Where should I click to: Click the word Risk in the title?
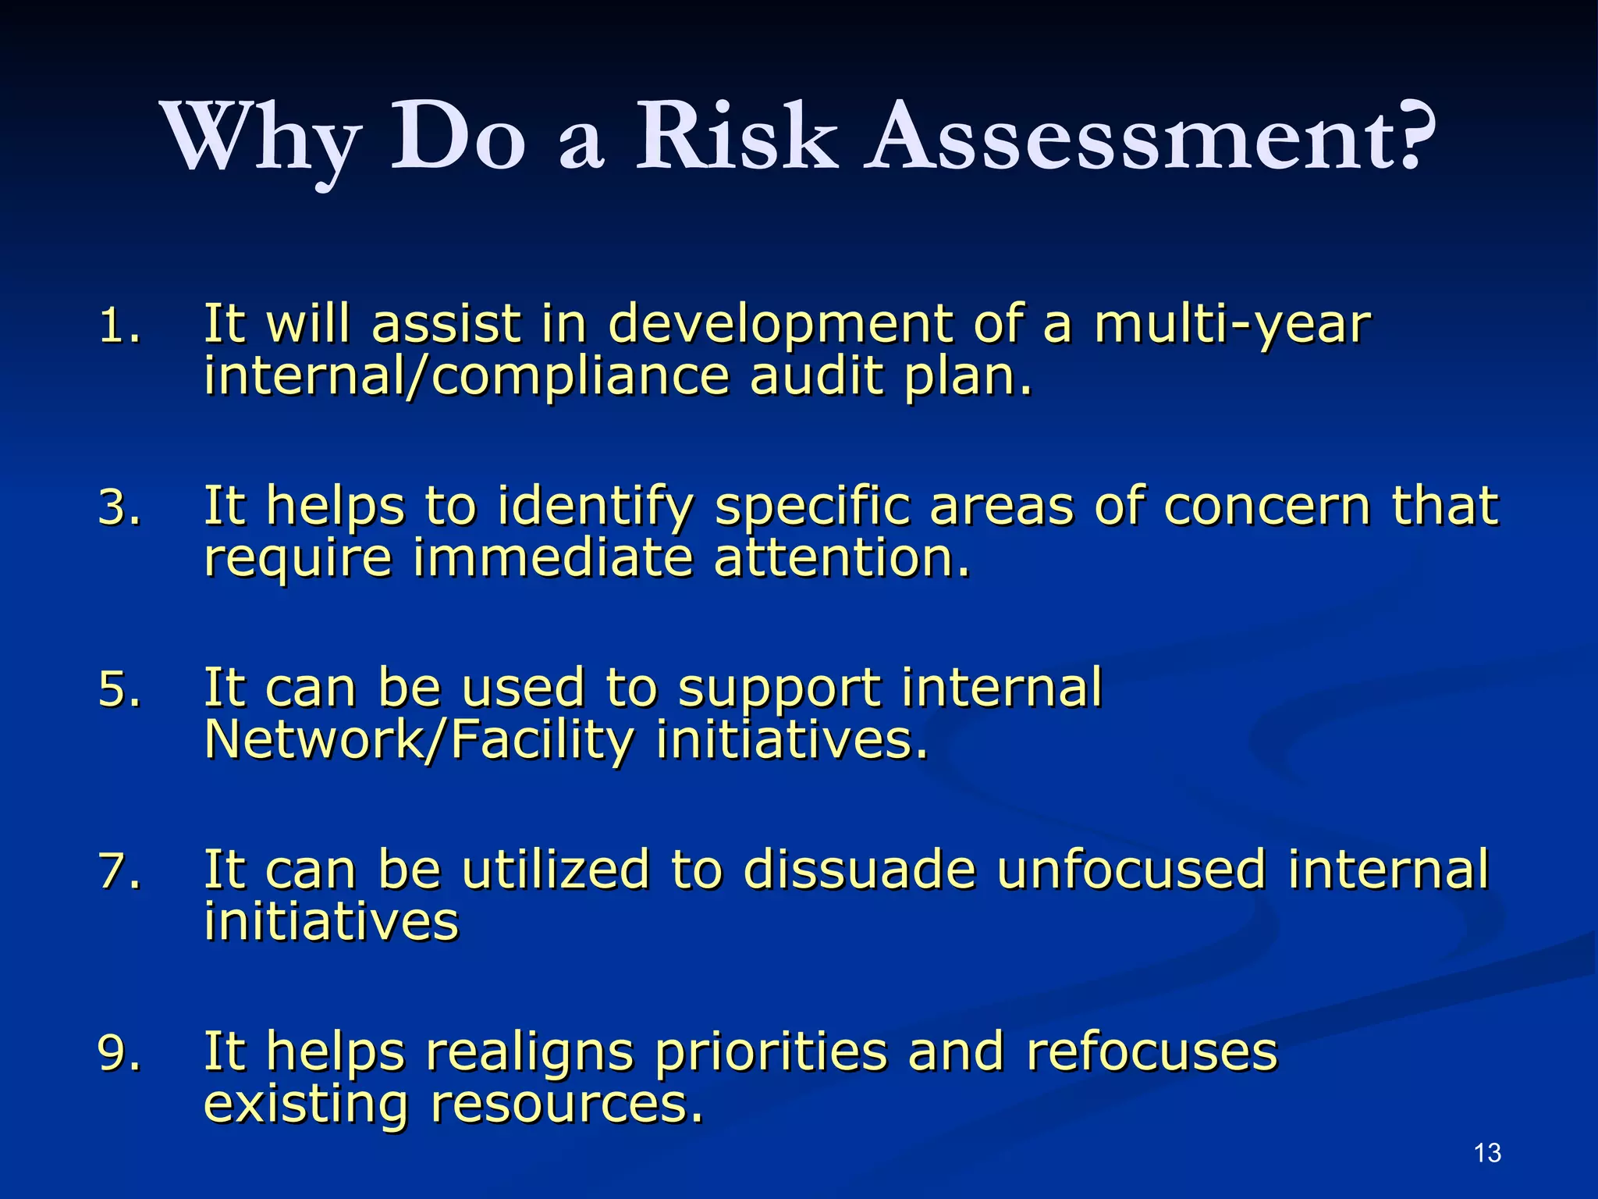(x=737, y=137)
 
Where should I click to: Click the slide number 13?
(x=1488, y=1153)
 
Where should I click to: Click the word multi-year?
(x=1232, y=326)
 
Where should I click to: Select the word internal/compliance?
(x=467, y=376)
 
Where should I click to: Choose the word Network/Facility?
(x=418, y=740)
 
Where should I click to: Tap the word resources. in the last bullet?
(x=566, y=1104)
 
